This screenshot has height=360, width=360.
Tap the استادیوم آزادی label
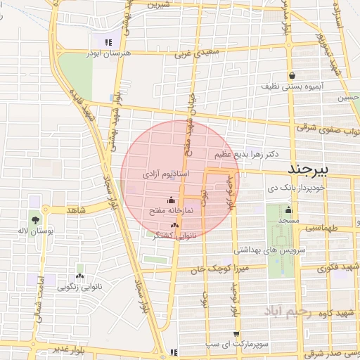tap(165, 173)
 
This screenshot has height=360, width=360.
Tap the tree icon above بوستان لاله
tap(35, 220)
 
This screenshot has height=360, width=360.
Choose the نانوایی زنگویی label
tap(78, 286)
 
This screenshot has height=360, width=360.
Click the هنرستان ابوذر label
tap(107, 53)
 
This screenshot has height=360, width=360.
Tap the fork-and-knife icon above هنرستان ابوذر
tap(107, 42)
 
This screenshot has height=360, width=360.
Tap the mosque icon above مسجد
tap(288, 210)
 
